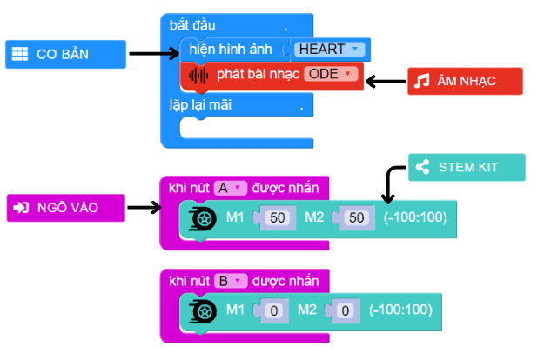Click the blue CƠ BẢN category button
pos(60,55)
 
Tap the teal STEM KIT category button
pos(467,167)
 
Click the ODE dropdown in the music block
pos(332,74)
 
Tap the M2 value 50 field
pos(356,217)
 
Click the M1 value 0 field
pos(273,310)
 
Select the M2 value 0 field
pos(344,310)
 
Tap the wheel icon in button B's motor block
pos(203,310)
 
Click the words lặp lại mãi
pos(200,105)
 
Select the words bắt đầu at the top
pos(192,25)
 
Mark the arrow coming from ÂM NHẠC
pos(386,81)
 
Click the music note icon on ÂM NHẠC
pos(422,81)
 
